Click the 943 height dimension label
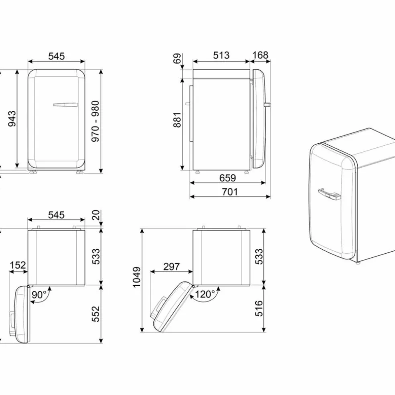pos(12,118)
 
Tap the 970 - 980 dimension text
pos(96,121)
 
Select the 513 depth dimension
pos(221,55)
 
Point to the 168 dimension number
pos(260,55)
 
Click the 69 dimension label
pos(177,59)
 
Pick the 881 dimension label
pos(177,120)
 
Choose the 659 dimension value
pos(228,178)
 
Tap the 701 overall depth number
pos(230,192)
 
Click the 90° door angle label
pos(39,294)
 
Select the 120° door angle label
pos(205,294)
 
